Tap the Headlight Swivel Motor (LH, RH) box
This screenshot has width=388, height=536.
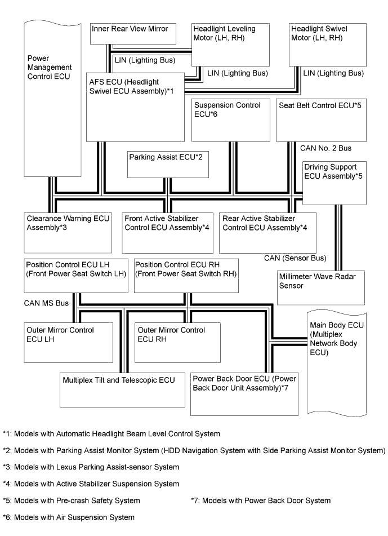click(327, 45)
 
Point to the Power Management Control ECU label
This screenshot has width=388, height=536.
click(49, 67)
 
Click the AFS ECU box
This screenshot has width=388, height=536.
click(136, 107)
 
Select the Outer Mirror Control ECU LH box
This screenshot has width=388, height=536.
click(67, 342)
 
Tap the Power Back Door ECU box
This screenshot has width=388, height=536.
click(244, 394)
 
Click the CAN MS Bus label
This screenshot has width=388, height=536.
click(46, 303)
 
